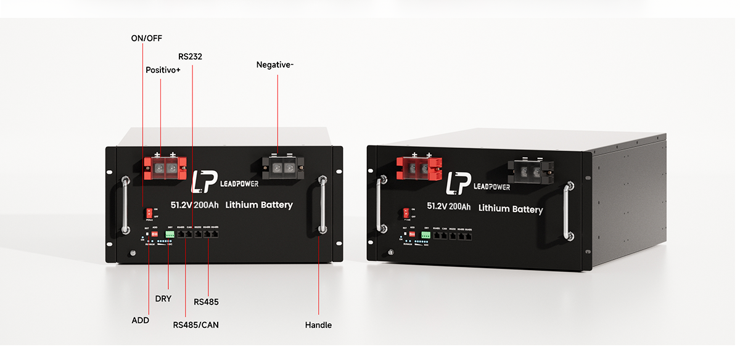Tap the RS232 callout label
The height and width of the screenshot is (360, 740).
[x=190, y=56]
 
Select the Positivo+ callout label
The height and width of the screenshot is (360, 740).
[x=163, y=70]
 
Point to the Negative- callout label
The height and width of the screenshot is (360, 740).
[x=274, y=65]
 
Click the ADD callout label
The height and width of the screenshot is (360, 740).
[x=141, y=321]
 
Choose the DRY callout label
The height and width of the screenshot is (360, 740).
[x=163, y=299]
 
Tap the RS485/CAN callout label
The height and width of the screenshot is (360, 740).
[x=195, y=325]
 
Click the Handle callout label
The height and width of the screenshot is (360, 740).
[x=318, y=325]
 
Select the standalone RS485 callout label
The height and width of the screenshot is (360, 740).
[x=206, y=302]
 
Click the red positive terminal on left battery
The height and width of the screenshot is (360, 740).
[x=165, y=166]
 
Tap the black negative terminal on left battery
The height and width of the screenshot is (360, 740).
[x=282, y=166]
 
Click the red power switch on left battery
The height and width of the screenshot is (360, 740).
[x=149, y=213]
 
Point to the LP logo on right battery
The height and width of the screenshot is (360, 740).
[x=458, y=184]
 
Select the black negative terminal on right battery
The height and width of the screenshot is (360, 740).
[x=530, y=170]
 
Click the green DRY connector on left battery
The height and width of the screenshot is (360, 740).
[x=170, y=235]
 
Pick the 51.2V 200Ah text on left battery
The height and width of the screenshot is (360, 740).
[x=194, y=205]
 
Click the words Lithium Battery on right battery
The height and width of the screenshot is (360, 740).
[x=511, y=209]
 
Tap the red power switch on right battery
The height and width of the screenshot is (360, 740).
[x=406, y=213]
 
